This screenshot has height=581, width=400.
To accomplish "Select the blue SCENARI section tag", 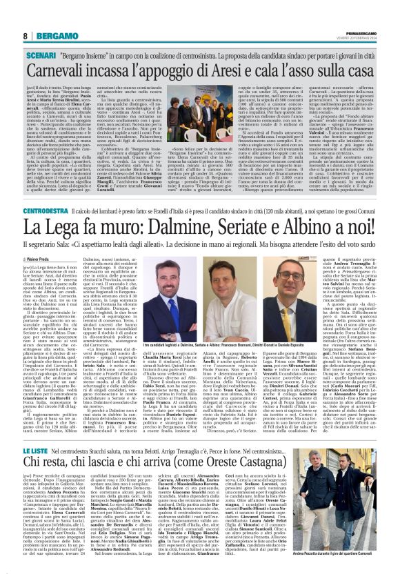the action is [40, 54].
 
